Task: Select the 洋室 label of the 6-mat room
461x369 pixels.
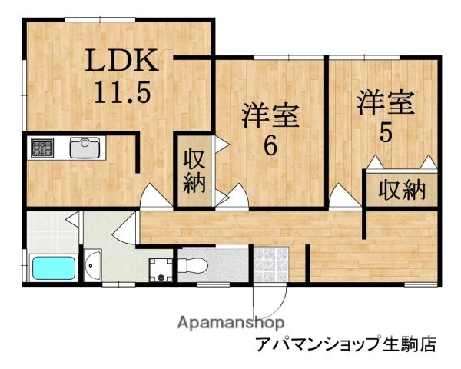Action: tap(270, 116)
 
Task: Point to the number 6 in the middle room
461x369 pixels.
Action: tap(270, 145)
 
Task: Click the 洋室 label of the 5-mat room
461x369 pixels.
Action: tap(385, 103)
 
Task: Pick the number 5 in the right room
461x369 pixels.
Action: tap(384, 131)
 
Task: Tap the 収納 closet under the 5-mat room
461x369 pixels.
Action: tap(400, 188)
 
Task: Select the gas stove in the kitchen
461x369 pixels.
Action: tap(42, 148)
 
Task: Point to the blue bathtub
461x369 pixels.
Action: tap(53, 269)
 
